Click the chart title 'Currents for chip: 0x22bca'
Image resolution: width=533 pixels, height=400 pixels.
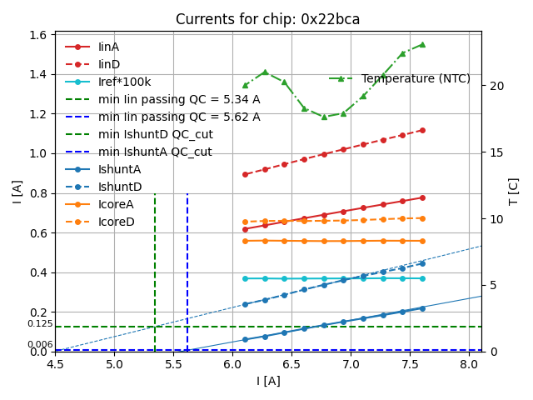[x=267, y=19]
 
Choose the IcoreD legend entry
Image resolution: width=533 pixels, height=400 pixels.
[x=116, y=222]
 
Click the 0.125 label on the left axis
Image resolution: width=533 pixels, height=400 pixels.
[x=40, y=323]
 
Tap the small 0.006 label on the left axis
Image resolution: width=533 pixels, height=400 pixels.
[x=40, y=344]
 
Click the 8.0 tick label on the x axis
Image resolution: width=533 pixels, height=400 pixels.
[x=470, y=364]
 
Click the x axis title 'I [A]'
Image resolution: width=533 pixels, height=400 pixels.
[x=267, y=381]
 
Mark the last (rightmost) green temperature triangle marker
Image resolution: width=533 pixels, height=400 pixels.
[x=422, y=44]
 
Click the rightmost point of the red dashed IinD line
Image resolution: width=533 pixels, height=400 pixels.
[x=422, y=130]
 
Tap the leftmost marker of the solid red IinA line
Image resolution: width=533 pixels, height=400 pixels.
[x=245, y=229]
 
